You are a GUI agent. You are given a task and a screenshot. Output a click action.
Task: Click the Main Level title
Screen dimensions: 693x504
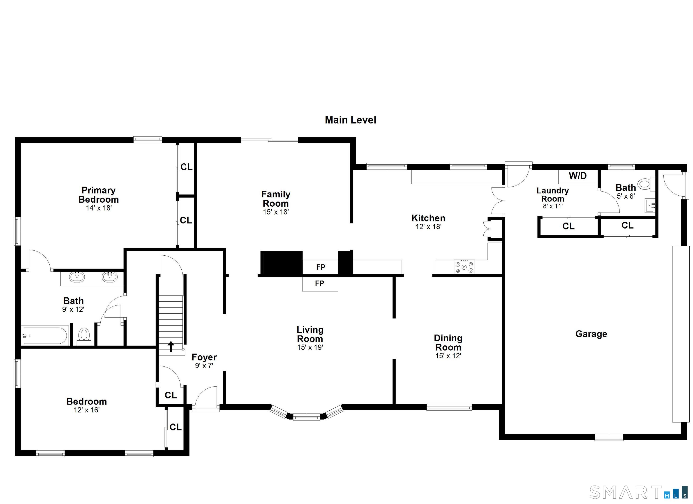[351, 120]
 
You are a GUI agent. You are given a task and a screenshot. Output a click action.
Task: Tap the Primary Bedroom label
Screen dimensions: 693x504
[98, 195]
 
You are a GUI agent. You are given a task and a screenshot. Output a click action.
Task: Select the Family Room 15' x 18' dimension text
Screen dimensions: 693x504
[276, 212]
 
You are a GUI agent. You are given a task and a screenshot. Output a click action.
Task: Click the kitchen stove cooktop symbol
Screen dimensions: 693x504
[464, 267]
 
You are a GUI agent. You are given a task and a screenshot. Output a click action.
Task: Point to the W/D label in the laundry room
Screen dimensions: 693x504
[578, 176]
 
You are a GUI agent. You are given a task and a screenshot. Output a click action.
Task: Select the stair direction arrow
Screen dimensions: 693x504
[171, 347]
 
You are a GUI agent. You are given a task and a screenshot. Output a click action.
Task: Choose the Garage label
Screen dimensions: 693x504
[591, 334]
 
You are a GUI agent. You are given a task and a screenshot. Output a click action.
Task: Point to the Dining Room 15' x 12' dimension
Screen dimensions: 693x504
[448, 356]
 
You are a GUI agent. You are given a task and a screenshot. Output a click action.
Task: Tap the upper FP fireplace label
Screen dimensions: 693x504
[321, 267]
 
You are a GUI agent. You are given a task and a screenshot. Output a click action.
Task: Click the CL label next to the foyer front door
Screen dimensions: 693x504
[171, 395]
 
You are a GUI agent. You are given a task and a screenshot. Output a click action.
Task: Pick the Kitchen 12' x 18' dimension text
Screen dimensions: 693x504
[428, 227]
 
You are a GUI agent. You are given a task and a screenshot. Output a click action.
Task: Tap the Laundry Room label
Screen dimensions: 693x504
[553, 195]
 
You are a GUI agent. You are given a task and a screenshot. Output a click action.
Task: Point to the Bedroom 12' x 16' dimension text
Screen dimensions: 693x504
[87, 410]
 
